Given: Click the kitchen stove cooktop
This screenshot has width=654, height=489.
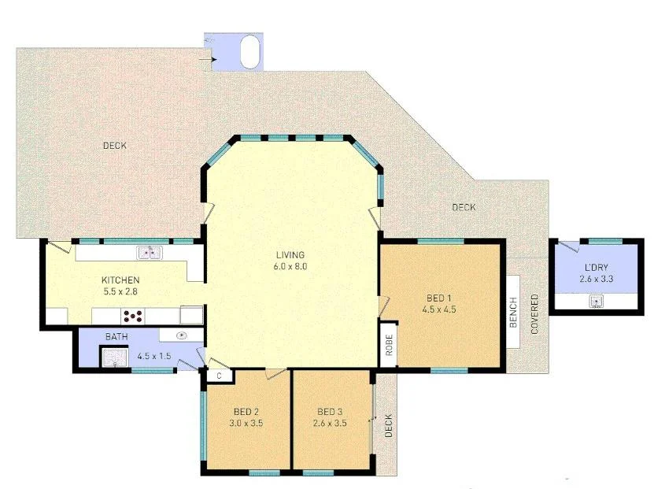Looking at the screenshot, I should (x=133, y=316).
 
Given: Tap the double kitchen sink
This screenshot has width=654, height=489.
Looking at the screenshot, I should (x=149, y=253).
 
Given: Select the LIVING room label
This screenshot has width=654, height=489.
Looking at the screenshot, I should (x=290, y=255).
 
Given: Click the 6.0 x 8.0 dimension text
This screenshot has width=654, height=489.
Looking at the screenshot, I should (x=290, y=266).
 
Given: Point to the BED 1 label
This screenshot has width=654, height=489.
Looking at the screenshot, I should (x=440, y=298).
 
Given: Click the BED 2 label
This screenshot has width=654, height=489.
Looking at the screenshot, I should (x=246, y=412).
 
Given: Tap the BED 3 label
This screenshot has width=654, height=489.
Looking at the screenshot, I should (x=330, y=412).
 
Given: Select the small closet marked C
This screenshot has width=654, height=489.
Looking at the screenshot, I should (x=220, y=376).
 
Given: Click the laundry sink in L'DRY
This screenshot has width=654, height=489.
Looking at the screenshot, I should (x=597, y=301).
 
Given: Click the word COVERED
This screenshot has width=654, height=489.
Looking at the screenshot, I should (x=535, y=314).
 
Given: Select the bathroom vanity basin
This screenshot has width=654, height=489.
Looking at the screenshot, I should (x=182, y=335).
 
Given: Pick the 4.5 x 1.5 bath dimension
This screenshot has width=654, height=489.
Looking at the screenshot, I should (x=154, y=355).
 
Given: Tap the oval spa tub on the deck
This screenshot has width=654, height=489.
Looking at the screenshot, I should (x=249, y=52).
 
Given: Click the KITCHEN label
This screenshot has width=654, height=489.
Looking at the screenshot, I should (x=120, y=280).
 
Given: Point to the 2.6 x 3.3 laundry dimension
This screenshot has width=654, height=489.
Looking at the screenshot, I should (x=596, y=280).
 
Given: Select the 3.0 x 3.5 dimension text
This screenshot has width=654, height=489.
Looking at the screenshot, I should (x=246, y=423).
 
